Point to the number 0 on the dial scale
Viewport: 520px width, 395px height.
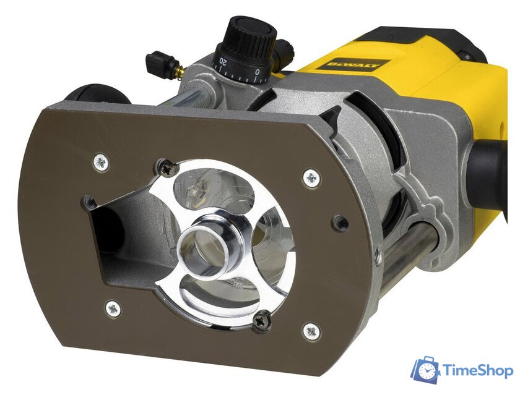(x=258, y=72)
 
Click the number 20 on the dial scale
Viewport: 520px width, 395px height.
(x=222, y=62)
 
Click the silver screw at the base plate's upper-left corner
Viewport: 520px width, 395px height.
(x=101, y=163)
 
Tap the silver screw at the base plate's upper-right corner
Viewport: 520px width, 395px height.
(x=311, y=179)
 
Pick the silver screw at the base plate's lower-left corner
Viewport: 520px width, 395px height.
(x=113, y=308)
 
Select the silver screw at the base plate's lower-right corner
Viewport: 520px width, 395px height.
(x=311, y=331)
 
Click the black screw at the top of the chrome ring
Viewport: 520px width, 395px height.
(x=167, y=167)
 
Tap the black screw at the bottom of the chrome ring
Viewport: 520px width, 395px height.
(x=261, y=321)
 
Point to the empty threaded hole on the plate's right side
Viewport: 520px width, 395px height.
(x=339, y=223)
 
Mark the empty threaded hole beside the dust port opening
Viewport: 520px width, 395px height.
(x=90, y=202)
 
